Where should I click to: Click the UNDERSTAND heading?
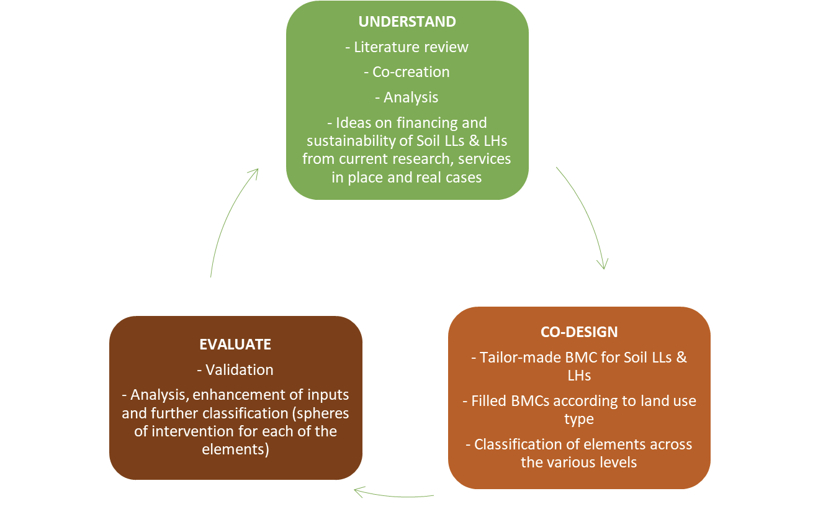click(407, 22)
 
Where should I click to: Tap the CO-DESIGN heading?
click(579, 332)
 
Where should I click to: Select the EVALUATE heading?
click(235, 345)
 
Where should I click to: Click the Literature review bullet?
click(407, 47)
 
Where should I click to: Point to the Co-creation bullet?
click(407, 72)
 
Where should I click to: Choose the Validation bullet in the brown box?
click(235, 370)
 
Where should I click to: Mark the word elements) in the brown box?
click(235, 449)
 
